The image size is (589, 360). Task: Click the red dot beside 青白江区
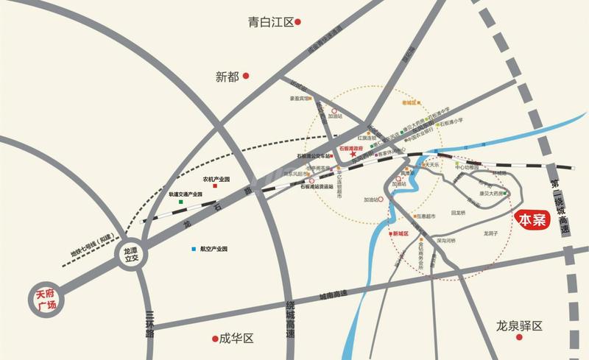coord(299,23)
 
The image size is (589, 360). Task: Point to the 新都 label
coord(228,76)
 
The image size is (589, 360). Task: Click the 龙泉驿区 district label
coord(518,325)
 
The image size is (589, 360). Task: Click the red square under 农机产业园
coord(215,187)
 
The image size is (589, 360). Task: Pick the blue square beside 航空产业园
coord(193,250)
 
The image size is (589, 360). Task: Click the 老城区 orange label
coord(409,103)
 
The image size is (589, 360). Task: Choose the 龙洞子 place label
coord(491,233)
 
